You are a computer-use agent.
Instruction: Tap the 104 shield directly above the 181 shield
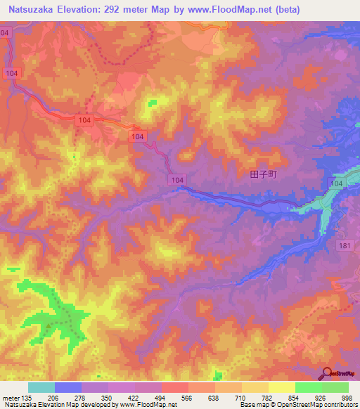337,183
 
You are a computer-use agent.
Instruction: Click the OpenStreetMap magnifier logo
328,373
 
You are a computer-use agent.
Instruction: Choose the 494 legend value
161,397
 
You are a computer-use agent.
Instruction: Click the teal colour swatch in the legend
41,387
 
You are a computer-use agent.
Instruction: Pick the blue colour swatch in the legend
67,387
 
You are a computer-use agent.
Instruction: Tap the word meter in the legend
12,397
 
